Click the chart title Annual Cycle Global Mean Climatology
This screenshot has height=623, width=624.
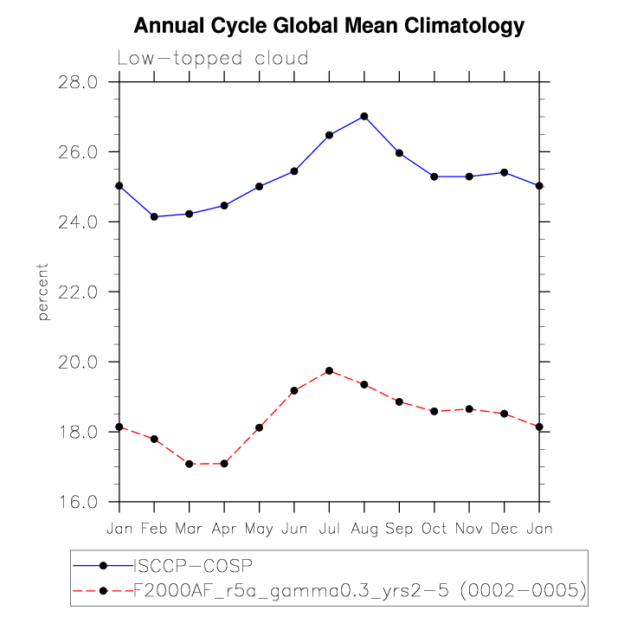[329, 26]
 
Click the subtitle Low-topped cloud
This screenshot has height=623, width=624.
[213, 59]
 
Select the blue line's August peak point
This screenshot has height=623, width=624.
[364, 116]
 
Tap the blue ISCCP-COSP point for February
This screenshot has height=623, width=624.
[154, 216]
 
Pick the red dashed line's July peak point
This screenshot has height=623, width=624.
[329, 371]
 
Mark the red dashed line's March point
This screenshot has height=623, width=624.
[189, 464]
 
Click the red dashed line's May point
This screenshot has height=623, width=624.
[259, 427]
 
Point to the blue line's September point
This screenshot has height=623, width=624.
[399, 153]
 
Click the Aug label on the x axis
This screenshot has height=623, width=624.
[364, 528]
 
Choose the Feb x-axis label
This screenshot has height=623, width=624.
[154, 528]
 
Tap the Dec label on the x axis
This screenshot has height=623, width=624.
[505, 528]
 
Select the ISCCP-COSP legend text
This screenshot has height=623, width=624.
[190, 566]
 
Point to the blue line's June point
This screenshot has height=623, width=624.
[294, 171]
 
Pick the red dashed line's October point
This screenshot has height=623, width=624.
[434, 411]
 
